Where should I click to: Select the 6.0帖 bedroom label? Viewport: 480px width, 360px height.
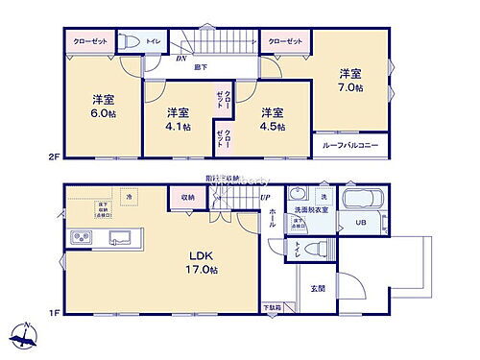pyautogui.click(x=105, y=105)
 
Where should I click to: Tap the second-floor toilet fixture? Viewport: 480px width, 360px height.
pyautogui.click(x=128, y=40)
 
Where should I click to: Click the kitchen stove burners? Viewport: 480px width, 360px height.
pyautogui.click(x=77, y=237)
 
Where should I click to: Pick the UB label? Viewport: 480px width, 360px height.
pyautogui.click(x=362, y=224)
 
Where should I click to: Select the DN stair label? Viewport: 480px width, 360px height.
pyautogui.click(x=181, y=58)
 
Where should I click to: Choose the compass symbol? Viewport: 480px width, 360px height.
pyautogui.click(x=24, y=338)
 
